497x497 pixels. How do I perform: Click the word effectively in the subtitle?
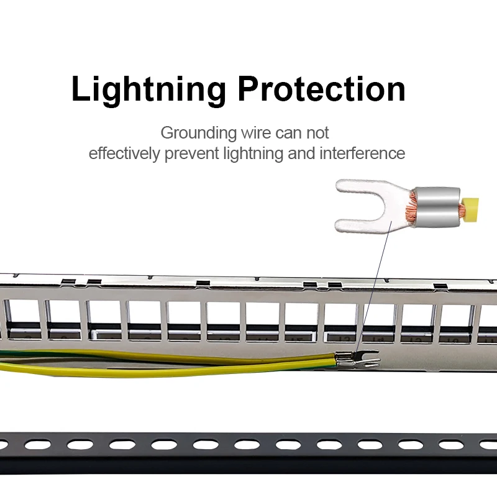click(124, 153)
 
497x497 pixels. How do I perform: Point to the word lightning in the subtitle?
click(253, 153)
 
